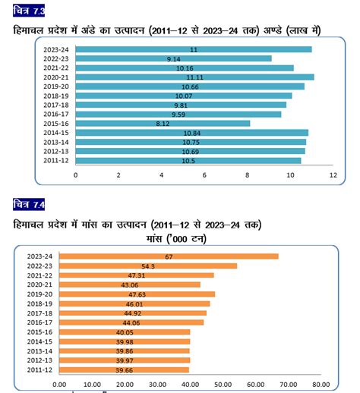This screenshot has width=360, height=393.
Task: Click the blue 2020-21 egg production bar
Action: [194, 77]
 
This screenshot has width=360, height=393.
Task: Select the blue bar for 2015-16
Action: [163, 123]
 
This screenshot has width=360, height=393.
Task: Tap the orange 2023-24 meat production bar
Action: [169, 256]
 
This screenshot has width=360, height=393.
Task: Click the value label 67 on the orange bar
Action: [169, 256]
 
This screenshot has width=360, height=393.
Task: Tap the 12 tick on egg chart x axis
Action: [333, 174]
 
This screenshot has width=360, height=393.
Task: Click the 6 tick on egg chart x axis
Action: [204, 174]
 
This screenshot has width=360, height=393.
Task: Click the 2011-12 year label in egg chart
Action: [58, 160]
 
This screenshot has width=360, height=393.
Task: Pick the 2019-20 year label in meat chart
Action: [39, 294]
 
